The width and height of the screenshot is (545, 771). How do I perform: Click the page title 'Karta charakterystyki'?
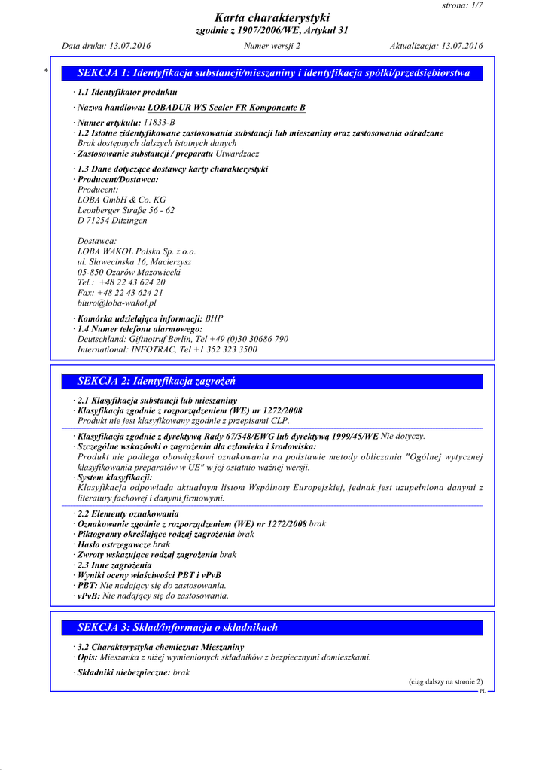click(x=272, y=17)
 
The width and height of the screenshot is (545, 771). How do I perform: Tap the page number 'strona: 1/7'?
click(x=462, y=5)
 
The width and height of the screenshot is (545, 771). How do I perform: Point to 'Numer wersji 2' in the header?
click(x=272, y=46)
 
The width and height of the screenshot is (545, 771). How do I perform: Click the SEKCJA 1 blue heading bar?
click(x=272, y=73)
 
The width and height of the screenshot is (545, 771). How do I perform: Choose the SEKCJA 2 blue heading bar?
click(x=272, y=382)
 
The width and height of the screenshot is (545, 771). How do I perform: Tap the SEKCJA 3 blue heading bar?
click(x=272, y=627)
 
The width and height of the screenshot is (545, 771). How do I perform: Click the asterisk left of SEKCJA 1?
click(x=47, y=71)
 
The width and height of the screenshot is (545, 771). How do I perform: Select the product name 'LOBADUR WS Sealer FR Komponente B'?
click(x=227, y=108)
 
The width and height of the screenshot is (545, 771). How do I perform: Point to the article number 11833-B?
click(x=159, y=122)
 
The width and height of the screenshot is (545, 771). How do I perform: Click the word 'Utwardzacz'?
click(x=238, y=153)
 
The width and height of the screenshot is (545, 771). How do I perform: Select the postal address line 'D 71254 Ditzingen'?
click(x=112, y=221)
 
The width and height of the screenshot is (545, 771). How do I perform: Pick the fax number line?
click(x=120, y=292)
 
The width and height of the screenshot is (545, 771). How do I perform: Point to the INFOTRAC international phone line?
click(x=167, y=349)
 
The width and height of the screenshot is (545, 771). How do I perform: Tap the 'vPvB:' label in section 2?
click(x=89, y=596)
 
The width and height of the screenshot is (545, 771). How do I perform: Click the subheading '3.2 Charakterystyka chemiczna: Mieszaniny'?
click(x=161, y=647)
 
